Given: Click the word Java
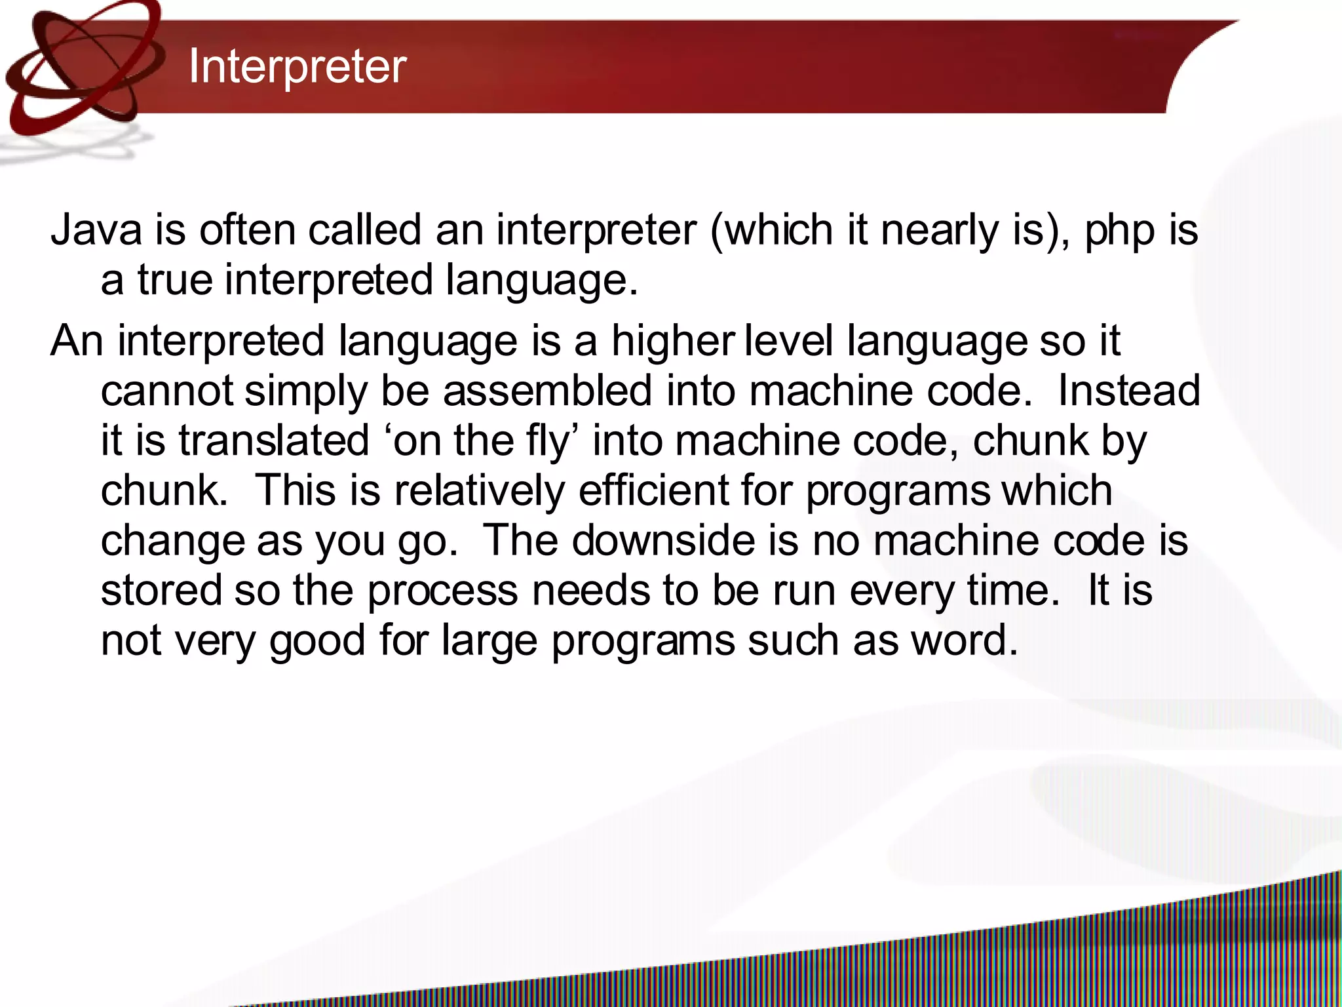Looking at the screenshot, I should click(96, 230).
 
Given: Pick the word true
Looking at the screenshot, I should click(174, 280).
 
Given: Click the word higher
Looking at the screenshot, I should click(672, 342).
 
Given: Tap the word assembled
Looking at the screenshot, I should click(547, 391).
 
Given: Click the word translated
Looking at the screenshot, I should click(274, 440).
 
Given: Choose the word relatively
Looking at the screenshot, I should click(479, 490).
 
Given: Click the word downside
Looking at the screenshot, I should click(684, 540).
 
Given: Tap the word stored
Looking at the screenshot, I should click(161, 590).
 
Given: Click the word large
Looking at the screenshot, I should click(489, 641).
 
